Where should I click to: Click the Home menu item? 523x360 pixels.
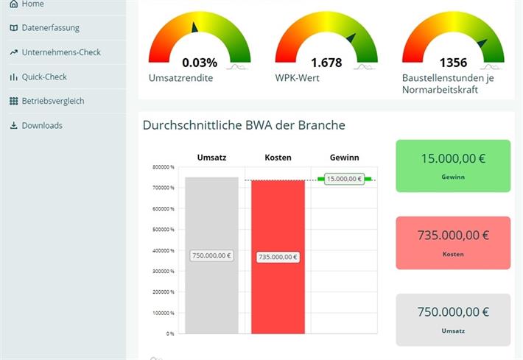click(32, 4)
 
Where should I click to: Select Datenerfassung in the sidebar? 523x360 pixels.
click(50, 28)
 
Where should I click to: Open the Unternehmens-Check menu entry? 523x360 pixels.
click(60, 52)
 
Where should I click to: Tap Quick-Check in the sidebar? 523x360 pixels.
click(43, 77)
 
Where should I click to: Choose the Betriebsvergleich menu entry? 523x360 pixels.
click(52, 101)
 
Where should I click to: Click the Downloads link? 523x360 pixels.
click(41, 125)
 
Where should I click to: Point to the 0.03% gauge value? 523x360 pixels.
click(200, 63)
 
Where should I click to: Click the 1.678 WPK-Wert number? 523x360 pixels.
click(326, 63)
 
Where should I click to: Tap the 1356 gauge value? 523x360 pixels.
click(453, 63)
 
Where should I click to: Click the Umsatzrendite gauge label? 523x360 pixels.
click(180, 78)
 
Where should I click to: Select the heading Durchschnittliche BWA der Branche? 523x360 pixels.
click(244, 125)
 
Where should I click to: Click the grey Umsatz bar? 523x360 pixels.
click(211, 221)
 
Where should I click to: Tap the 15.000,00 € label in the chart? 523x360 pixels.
click(344, 179)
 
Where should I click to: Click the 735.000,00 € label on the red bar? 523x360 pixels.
click(278, 257)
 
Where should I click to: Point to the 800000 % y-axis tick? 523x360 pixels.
click(163, 167)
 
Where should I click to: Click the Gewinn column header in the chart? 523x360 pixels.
click(344, 158)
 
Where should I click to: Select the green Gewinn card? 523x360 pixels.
click(452, 166)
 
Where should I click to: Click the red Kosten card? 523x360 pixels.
click(452, 243)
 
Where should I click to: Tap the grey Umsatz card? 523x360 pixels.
click(452, 320)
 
